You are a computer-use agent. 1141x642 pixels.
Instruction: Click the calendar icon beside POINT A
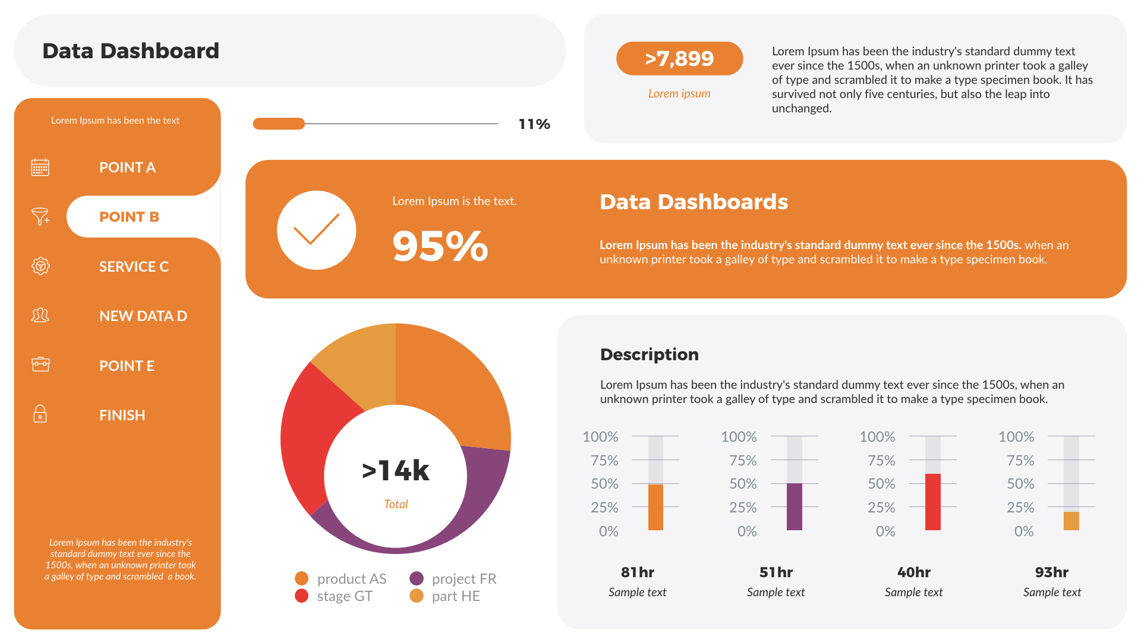tap(40, 167)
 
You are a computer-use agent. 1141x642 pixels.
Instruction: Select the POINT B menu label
tap(129, 217)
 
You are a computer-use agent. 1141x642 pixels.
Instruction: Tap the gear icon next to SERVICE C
tap(40, 266)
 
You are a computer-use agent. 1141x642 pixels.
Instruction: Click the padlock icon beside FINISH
tap(40, 414)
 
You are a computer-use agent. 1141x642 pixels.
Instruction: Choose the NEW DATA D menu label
tap(143, 316)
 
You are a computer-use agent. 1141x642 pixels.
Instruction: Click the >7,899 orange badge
tap(679, 58)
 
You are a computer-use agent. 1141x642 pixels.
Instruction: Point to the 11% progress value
tap(534, 124)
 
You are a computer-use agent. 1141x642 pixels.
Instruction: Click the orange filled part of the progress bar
tap(279, 124)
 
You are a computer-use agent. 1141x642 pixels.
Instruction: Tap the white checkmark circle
tap(316, 230)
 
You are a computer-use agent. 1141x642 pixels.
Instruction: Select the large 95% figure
tap(440, 246)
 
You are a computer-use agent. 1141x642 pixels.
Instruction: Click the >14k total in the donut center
tap(396, 471)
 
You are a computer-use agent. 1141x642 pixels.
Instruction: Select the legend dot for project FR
tap(417, 578)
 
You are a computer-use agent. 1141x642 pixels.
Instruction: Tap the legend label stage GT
tap(345, 596)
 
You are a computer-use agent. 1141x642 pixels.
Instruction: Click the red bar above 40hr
tap(933, 502)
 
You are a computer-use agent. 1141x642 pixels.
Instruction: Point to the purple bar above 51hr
tap(795, 506)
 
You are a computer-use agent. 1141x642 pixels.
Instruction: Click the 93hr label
tap(1051, 572)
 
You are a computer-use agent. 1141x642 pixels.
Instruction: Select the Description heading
tap(649, 354)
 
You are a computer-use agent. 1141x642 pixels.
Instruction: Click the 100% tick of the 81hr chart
tap(600, 437)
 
